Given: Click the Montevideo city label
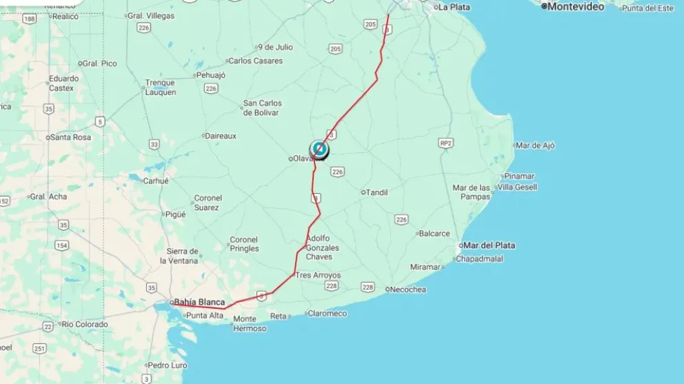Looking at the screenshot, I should (x=575, y=6).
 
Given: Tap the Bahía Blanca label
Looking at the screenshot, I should (x=199, y=302).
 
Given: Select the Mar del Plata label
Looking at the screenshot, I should (x=489, y=245).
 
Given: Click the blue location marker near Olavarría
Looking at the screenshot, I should (x=319, y=148).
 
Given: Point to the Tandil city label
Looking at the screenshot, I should (x=376, y=192).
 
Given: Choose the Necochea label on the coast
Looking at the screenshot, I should (x=408, y=290).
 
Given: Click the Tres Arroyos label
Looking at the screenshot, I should (x=318, y=275).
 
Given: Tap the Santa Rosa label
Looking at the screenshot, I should (x=70, y=137).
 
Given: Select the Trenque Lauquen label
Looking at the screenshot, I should (x=160, y=88).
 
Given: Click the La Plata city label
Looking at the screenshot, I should (x=454, y=7).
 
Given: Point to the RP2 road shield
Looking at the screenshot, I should (x=445, y=143).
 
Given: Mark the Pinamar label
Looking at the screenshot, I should (x=519, y=176).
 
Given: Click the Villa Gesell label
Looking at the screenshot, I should (x=517, y=187).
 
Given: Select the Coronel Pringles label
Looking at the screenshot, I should (x=244, y=244).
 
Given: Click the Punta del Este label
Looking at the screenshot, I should (x=647, y=8).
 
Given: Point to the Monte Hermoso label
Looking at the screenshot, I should (x=249, y=323).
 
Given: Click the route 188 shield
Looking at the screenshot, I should (x=29, y=19).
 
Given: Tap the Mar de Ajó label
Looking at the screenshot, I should (x=535, y=145).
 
